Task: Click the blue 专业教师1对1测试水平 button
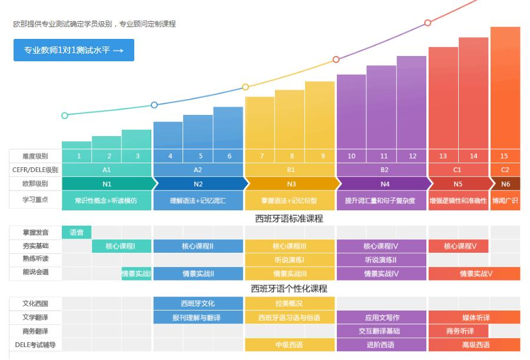point(74,50)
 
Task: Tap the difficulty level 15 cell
point(505,156)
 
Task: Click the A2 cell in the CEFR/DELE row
point(198,170)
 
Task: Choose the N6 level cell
point(505,184)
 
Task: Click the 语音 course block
point(77,232)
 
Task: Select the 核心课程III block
point(290,246)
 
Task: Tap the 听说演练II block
point(381,260)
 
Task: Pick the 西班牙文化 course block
point(198,303)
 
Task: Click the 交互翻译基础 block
point(381,331)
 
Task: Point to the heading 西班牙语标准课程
point(289,219)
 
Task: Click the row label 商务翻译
point(35,331)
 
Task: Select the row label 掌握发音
point(35,232)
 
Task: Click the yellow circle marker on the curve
point(246,87)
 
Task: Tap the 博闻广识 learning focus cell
point(505,200)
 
